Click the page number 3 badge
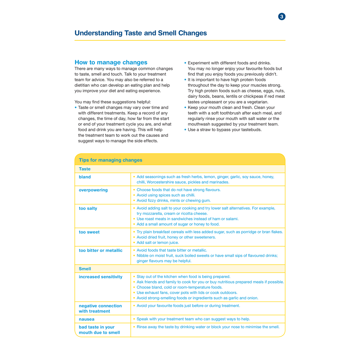[x=282, y=16]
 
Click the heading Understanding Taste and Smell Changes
[x=141, y=33]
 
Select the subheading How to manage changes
[x=111, y=62]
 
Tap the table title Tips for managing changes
[x=110, y=160]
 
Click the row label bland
[x=85, y=177]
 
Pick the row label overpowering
[x=93, y=190]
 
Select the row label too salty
[x=88, y=208]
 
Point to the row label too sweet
[x=89, y=232]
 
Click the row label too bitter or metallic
[x=100, y=250]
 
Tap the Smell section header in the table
[x=85, y=269]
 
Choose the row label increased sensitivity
[x=100, y=277]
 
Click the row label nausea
[x=87, y=319]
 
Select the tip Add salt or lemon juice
[x=158, y=242]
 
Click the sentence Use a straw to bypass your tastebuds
[x=225, y=130]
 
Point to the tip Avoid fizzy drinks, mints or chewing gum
[x=174, y=200]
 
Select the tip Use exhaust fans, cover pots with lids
[x=187, y=292]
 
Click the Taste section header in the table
[x=85, y=169]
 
